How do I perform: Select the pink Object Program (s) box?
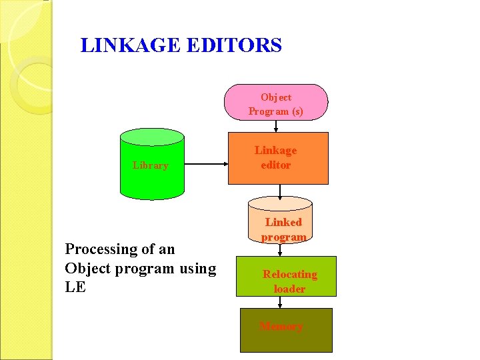(x=275, y=103)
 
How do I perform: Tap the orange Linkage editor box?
(x=278, y=158)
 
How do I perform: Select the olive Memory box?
(x=285, y=330)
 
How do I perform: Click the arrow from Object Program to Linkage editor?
(x=276, y=126)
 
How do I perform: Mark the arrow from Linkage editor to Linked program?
(x=280, y=191)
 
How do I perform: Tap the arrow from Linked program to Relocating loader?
(x=283, y=249)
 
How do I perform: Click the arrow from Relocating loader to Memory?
(x=280, y=302)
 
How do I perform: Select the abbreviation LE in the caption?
(x=75, y=288)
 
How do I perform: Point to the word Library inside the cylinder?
(x=150, y=165)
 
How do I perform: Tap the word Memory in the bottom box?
(x=281, y=326)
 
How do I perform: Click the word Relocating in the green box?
(x=290, y=274)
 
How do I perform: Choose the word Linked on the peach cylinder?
(x=283, y=222)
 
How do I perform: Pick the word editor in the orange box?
(x=275, y=165)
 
